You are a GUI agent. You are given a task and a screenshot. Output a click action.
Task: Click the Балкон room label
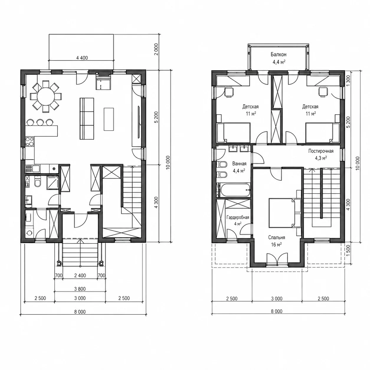point(279,55)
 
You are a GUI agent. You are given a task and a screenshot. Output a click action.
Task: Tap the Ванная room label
point(239,164)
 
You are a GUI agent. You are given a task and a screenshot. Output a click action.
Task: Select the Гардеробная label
point(238,217)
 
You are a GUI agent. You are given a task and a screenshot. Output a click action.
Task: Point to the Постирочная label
point(321,151)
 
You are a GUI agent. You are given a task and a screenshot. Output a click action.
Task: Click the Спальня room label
point(276,238)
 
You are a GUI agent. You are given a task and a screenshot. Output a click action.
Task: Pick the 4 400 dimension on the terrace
point(82,58)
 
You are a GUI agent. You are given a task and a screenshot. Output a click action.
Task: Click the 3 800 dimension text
point(80,289)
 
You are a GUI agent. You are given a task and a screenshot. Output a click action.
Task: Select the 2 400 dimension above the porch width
point(80,276)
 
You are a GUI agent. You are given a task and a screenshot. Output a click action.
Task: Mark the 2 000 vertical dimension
point(156,49)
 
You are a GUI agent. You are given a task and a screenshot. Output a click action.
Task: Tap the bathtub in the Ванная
point(235,190)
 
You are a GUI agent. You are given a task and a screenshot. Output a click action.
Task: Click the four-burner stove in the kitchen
point(30,142)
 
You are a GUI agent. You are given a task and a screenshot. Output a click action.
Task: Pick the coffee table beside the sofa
point(109,119)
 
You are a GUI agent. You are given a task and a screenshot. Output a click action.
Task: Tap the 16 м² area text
point(276,244)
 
